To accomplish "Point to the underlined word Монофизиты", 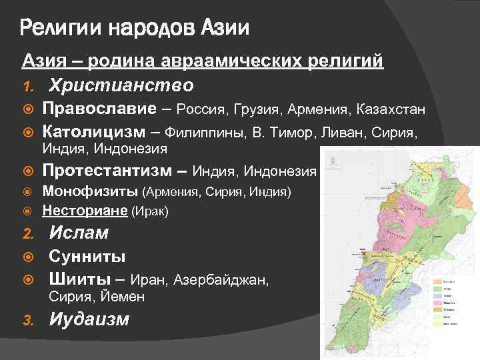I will coord(91,192).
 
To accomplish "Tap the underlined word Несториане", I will coord(86,211).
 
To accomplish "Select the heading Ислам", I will coord(79,233).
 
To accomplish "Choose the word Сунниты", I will coord(84,257).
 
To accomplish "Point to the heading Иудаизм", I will coord(89,319).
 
